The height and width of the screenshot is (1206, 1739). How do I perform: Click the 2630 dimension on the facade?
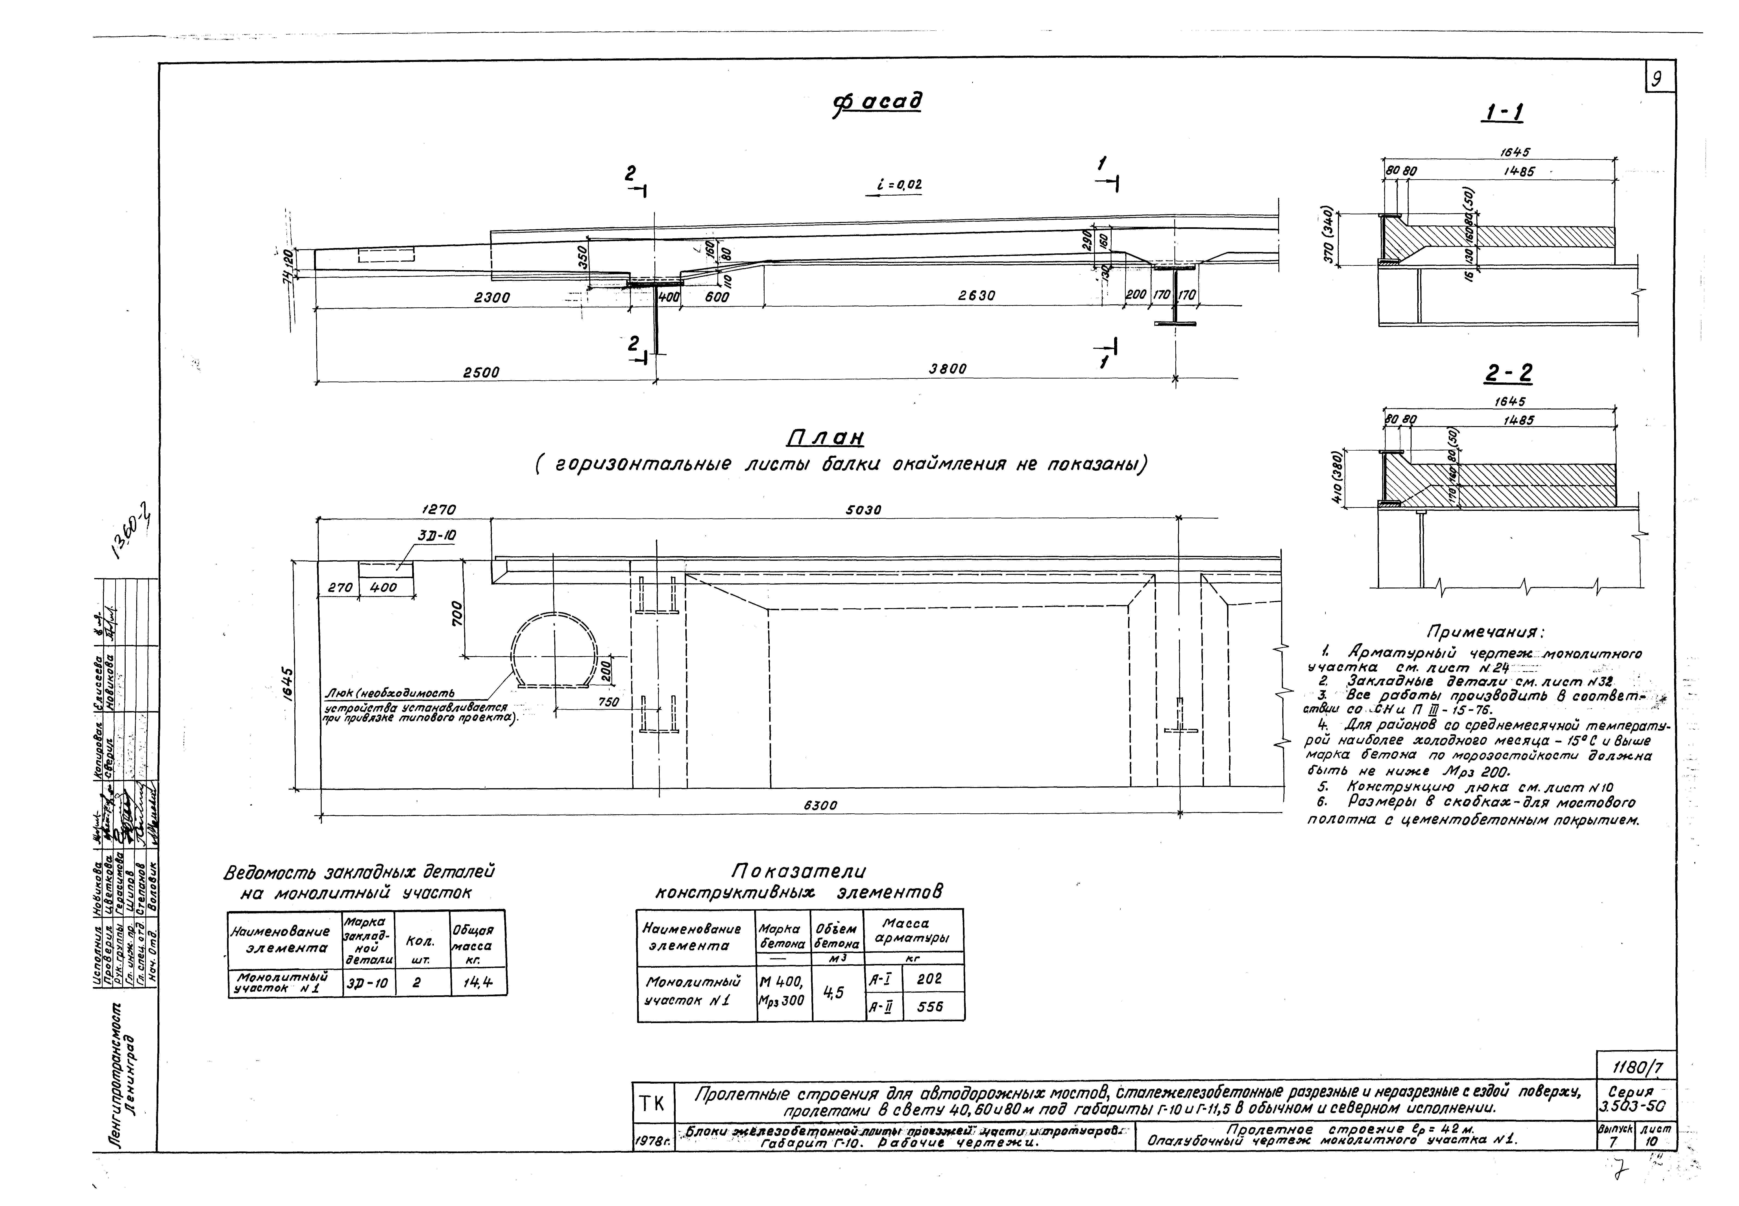[977, 297]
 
